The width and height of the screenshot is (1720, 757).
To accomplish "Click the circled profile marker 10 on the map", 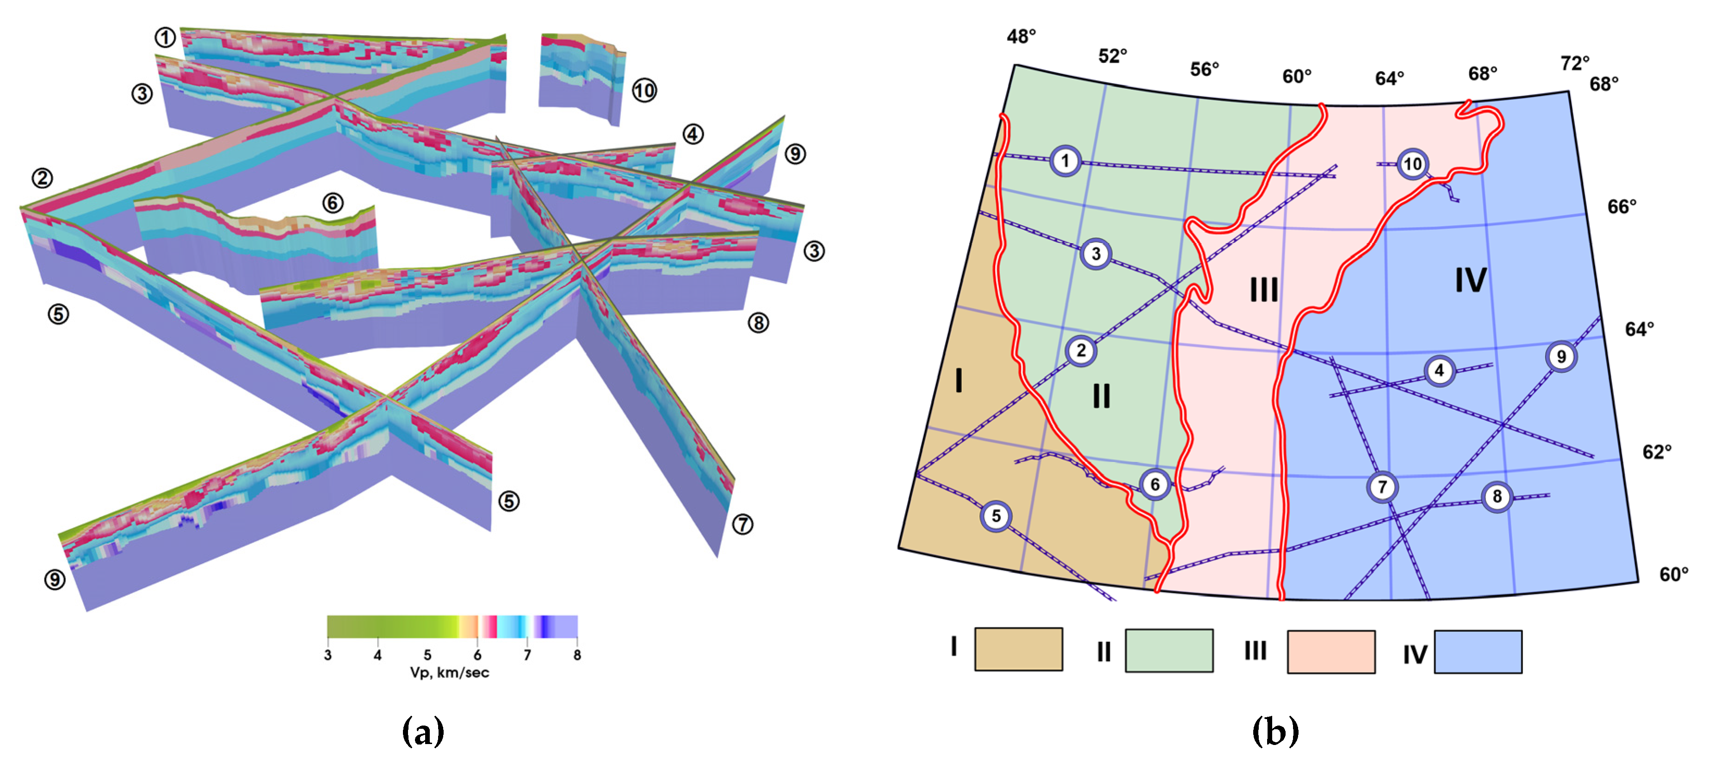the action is pos(1412,164).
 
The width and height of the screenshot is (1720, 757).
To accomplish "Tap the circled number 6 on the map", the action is pos(1155,484).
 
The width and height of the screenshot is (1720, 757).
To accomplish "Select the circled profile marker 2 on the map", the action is pos(1081,351).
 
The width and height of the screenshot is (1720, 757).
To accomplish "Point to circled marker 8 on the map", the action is pos(1497,496).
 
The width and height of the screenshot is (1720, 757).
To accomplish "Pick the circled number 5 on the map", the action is pos(996,516).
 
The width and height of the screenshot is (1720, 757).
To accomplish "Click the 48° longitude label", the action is pos(1021,36).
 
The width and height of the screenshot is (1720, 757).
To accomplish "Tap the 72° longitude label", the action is pos(1574,63).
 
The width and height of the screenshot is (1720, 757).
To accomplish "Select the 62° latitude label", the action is pos(1657,452).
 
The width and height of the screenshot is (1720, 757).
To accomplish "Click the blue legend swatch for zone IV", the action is pos(1479,652).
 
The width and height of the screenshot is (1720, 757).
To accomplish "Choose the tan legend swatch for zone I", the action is pos(1018,649).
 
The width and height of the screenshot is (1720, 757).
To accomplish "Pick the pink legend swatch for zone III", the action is pos(1331,652).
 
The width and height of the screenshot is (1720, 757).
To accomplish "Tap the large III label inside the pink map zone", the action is pos(1264,290).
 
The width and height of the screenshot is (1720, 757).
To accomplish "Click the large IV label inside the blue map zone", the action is pos(1471,280).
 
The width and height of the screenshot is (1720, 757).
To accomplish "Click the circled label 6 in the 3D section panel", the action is pos(333,203).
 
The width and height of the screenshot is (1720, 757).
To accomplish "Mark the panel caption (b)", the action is pos(1275,732).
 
